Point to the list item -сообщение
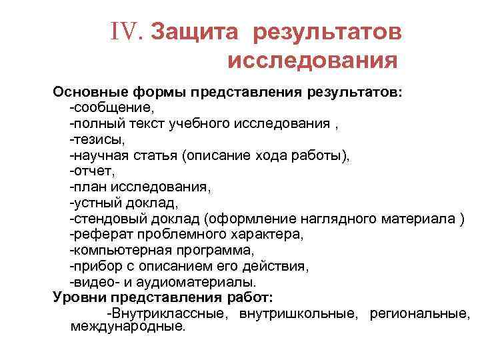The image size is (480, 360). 113,107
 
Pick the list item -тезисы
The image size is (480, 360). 97,139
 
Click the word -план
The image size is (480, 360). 91,187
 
